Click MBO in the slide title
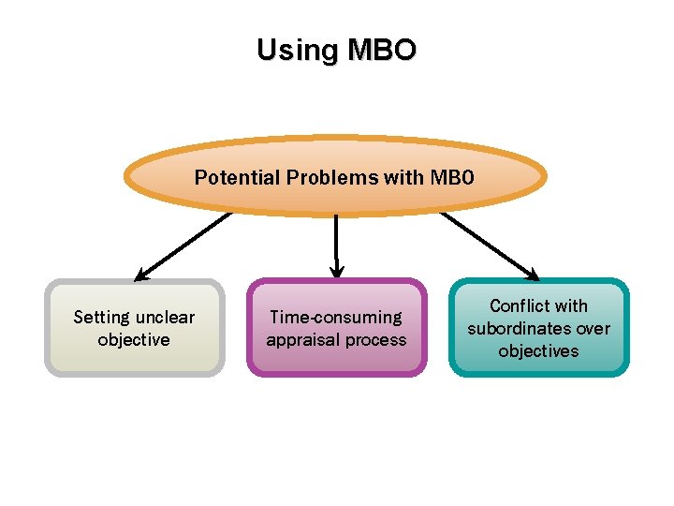pos(379,50)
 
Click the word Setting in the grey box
pos(103,318)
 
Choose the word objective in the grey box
pos(134,340)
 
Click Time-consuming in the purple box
pos(336,318)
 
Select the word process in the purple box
pos(377,340)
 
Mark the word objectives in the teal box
pos(538,351)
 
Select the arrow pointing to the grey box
pos(183,246)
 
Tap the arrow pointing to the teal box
pos(489,246)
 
